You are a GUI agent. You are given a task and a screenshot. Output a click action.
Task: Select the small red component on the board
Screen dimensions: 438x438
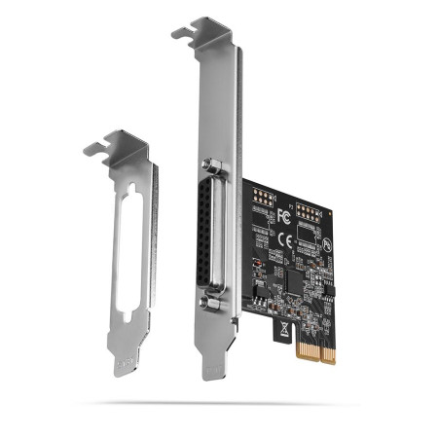(253, 265)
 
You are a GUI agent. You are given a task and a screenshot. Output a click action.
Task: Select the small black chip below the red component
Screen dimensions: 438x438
(257, 289)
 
